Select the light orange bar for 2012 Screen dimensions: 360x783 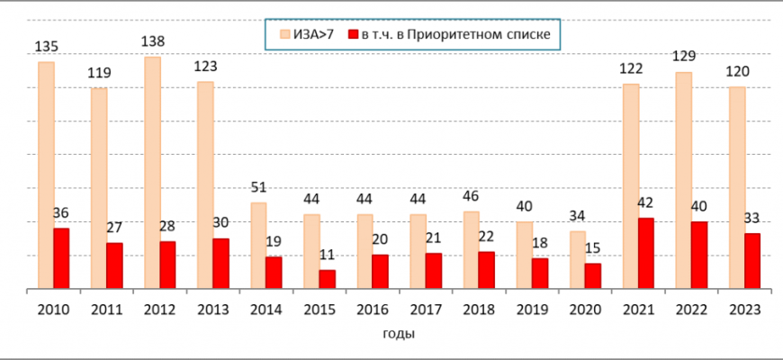(152, 173)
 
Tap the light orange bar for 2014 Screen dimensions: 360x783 (258, 246)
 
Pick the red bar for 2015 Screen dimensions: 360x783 (328, 280)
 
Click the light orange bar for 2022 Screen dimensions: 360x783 (684, 180)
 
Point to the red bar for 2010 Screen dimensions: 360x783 (61, 258)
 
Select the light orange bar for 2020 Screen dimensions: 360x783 (578, 260)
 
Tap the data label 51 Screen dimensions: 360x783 (258, 187)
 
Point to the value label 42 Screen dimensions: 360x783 (646, 202)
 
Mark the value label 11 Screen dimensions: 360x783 (328, 255)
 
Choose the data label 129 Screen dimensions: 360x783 (684, 56)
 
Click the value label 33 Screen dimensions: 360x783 (752, 218)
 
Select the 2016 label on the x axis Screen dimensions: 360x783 (373, 310)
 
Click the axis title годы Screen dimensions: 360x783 (393, 335)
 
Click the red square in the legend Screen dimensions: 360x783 (353, 34)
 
